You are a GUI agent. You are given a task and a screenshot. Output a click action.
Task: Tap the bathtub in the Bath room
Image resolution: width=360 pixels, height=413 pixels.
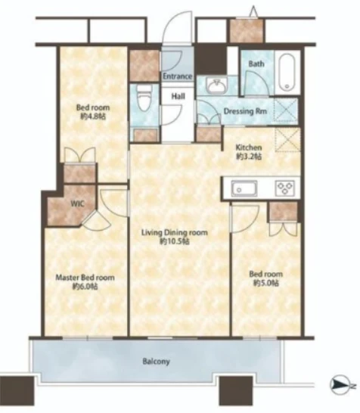(x=287, y=72)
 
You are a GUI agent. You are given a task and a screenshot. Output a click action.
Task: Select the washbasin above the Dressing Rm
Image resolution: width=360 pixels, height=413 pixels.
(x=216, y=86)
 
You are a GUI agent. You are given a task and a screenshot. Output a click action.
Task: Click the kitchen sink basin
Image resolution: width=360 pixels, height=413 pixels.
(x=244, y=188)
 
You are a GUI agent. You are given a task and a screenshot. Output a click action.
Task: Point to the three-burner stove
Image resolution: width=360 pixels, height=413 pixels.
(x=285, y=188)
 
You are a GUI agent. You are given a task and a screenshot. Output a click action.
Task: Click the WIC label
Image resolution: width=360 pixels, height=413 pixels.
(x=77, y=204)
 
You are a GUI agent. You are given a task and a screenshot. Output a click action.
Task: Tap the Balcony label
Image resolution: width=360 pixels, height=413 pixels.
(x=156, y=362)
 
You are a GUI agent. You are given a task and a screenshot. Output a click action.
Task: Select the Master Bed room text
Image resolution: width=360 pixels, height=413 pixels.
(x=85, y=278)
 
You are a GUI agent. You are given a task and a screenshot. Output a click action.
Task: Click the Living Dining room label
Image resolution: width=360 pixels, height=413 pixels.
(x=175, y=232)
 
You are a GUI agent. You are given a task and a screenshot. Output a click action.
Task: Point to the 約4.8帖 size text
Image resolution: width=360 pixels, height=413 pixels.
(x=93, y=116)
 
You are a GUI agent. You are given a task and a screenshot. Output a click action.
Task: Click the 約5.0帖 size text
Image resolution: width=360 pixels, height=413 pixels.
(x=266, y=283)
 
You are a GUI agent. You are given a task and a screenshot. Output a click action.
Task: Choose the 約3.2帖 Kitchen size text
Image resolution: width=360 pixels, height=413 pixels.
(x=249, y=157)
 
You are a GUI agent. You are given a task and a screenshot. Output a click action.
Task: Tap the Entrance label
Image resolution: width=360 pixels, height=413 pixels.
(x=177, y=76)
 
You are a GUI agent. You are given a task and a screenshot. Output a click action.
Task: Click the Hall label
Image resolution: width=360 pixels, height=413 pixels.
(x=178, y=96)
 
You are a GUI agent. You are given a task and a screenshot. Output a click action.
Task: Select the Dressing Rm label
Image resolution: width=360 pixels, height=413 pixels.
(x=245, y=111)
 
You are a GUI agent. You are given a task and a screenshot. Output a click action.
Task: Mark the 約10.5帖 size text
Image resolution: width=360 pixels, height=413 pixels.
(x=175, y=241)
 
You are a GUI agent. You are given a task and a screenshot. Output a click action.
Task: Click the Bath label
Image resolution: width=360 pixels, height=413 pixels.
(x=256, y=64)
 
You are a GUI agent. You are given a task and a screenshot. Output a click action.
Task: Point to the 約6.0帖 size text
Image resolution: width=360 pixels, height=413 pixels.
(x=85, y=287)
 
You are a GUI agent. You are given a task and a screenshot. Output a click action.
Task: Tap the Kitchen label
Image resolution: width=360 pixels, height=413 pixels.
(x=249, y=147)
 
